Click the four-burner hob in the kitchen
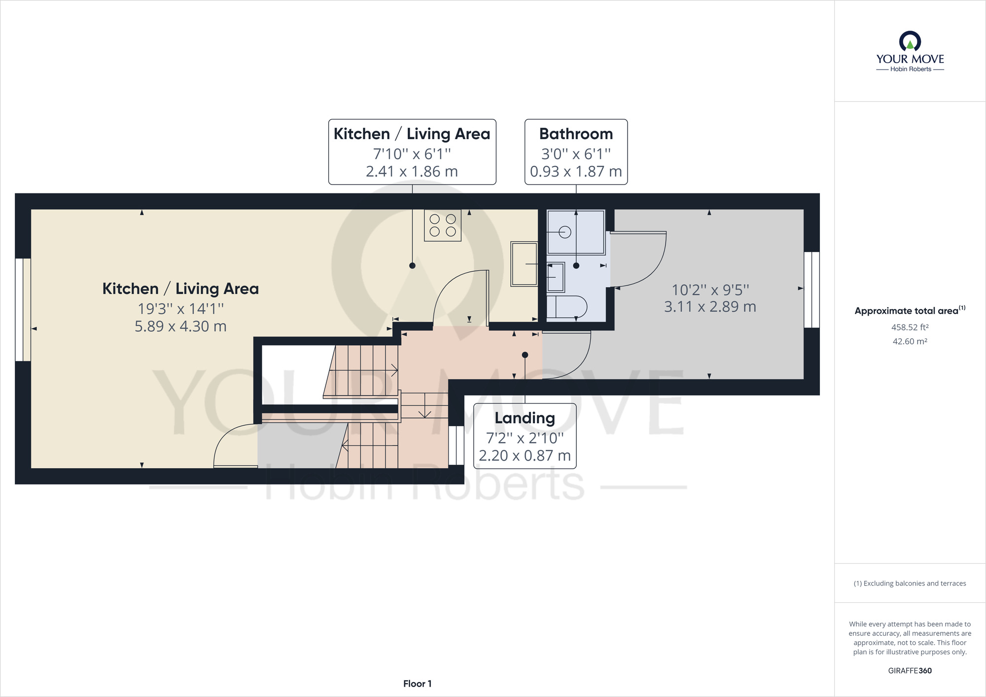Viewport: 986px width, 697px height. [443, 225]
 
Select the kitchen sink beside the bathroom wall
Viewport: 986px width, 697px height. [524, 264]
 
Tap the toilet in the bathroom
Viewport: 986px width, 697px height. [567, 306]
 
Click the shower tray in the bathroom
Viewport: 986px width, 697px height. [576, 232]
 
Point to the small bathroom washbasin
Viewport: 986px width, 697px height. [556, 277]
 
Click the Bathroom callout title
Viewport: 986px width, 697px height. [576, 134]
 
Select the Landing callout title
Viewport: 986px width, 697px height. [525, 418]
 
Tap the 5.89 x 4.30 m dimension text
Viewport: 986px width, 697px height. [180, 326]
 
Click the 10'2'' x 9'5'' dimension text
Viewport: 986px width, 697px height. [710, 290]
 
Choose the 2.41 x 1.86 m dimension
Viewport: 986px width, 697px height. [412, 171]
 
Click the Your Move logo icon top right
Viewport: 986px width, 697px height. [910, 41]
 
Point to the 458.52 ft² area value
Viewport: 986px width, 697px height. [910, 327]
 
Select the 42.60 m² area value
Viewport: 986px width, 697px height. [910, 341]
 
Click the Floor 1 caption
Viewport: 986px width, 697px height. [417, 684]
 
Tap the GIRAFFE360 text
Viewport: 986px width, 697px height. [910, 670]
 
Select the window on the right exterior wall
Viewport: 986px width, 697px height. [811, 290]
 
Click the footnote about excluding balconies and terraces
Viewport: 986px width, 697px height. [910, 584]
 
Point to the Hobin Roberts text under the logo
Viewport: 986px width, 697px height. [911, 69]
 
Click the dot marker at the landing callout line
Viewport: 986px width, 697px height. [525, 355]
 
